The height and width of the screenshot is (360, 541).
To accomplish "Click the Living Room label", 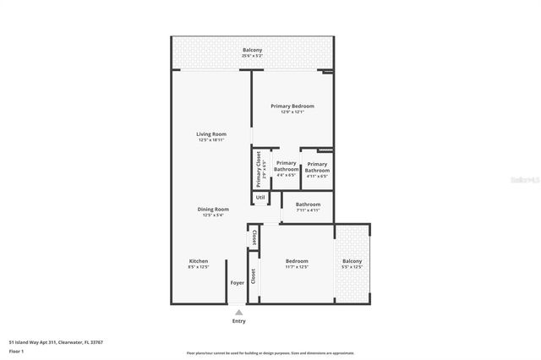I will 212,134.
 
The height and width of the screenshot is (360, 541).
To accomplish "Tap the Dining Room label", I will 213,209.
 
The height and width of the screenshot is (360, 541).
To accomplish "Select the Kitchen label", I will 199,261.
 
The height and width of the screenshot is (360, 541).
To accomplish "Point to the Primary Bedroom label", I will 292,106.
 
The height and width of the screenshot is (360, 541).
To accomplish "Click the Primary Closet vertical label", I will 260,170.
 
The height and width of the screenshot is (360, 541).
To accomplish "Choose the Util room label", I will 260,198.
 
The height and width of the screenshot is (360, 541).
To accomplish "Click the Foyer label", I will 238,282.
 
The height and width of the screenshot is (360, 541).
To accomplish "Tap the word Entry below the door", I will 239,321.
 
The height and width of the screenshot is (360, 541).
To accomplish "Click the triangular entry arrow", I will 239,312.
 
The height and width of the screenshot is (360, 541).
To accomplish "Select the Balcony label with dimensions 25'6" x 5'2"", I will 252,50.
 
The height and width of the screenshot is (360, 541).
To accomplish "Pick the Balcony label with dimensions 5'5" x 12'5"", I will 352,261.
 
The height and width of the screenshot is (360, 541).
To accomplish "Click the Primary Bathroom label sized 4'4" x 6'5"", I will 286,166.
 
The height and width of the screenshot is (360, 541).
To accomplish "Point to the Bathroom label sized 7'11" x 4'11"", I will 308,204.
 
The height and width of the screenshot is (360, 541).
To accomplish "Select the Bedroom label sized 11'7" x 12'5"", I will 297,261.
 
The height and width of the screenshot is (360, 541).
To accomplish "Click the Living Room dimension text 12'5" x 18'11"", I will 212,139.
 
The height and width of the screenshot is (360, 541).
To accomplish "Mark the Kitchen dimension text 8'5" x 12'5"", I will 199,267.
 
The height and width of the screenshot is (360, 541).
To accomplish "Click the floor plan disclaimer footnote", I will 270,353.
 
